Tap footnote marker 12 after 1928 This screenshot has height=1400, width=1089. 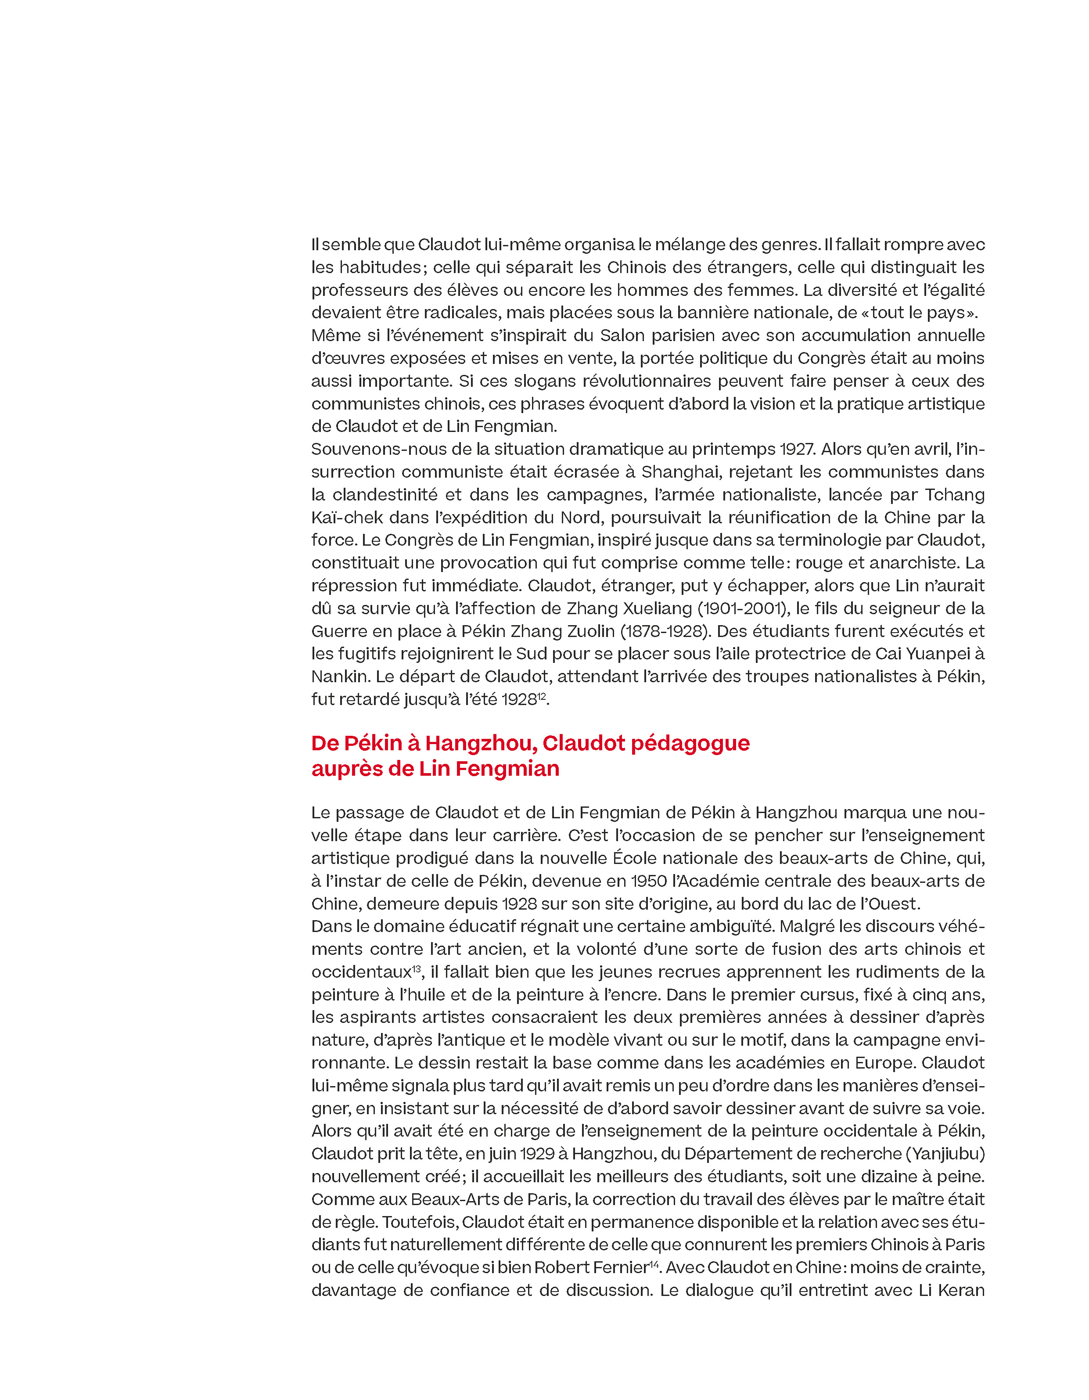[x=542, y=695]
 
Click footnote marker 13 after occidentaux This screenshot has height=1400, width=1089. [x=416, y=968]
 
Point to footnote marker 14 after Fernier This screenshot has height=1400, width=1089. [x=654, y=1263]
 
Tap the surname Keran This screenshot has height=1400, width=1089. [x=961, y=1290]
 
